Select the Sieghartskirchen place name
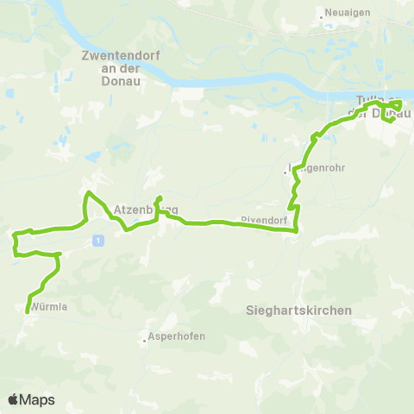pos(298,310)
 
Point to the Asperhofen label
pos(178,336)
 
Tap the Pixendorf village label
pos(263,219)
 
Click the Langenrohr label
pos(317,169)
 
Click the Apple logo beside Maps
pos(14,399)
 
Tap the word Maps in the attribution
pos(38,400)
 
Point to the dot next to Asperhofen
pos(144,337)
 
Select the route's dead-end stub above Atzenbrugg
pos(158,198)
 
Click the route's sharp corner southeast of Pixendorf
pos(297,229)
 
